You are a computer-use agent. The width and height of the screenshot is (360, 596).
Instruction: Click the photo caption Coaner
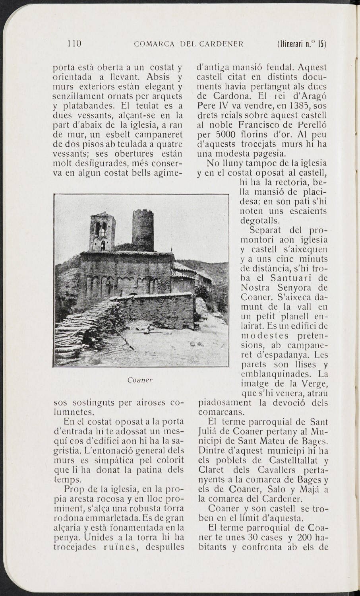point(140,380)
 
